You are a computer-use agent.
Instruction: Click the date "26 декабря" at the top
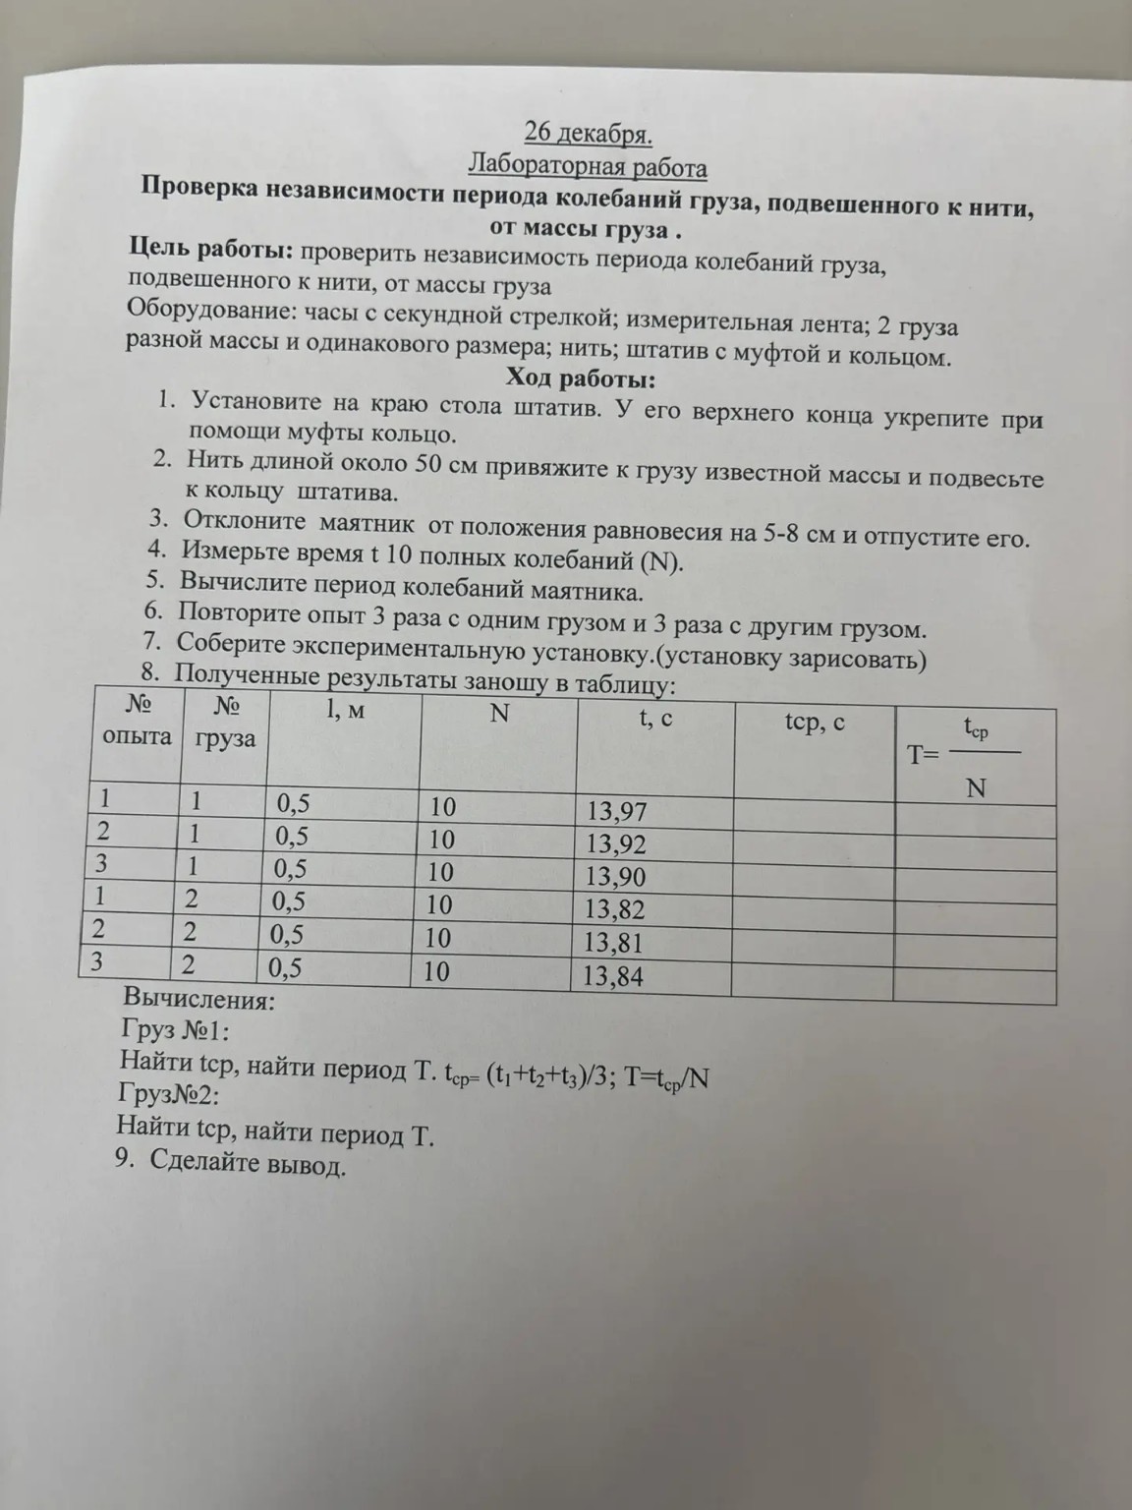point(588,133)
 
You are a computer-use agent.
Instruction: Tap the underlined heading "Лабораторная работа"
point(588,164)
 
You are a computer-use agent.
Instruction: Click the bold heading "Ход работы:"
point(580,377)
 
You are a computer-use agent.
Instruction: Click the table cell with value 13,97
point(616,812)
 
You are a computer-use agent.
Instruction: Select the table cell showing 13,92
point(616,844)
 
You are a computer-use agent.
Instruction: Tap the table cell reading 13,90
point(616,877)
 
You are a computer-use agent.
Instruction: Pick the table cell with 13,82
point(615,909)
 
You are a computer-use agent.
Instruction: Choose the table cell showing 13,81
point(614,943)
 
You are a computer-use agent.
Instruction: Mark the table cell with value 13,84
point(613,976)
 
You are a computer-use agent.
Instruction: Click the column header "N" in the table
point(499,714)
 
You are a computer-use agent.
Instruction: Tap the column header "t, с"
point(655,719)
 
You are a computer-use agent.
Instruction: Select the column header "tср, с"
point(815,724)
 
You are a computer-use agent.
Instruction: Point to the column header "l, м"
point(345,709)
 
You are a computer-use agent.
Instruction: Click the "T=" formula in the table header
point(924,755)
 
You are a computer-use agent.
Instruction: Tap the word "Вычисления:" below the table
point(198,1001)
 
